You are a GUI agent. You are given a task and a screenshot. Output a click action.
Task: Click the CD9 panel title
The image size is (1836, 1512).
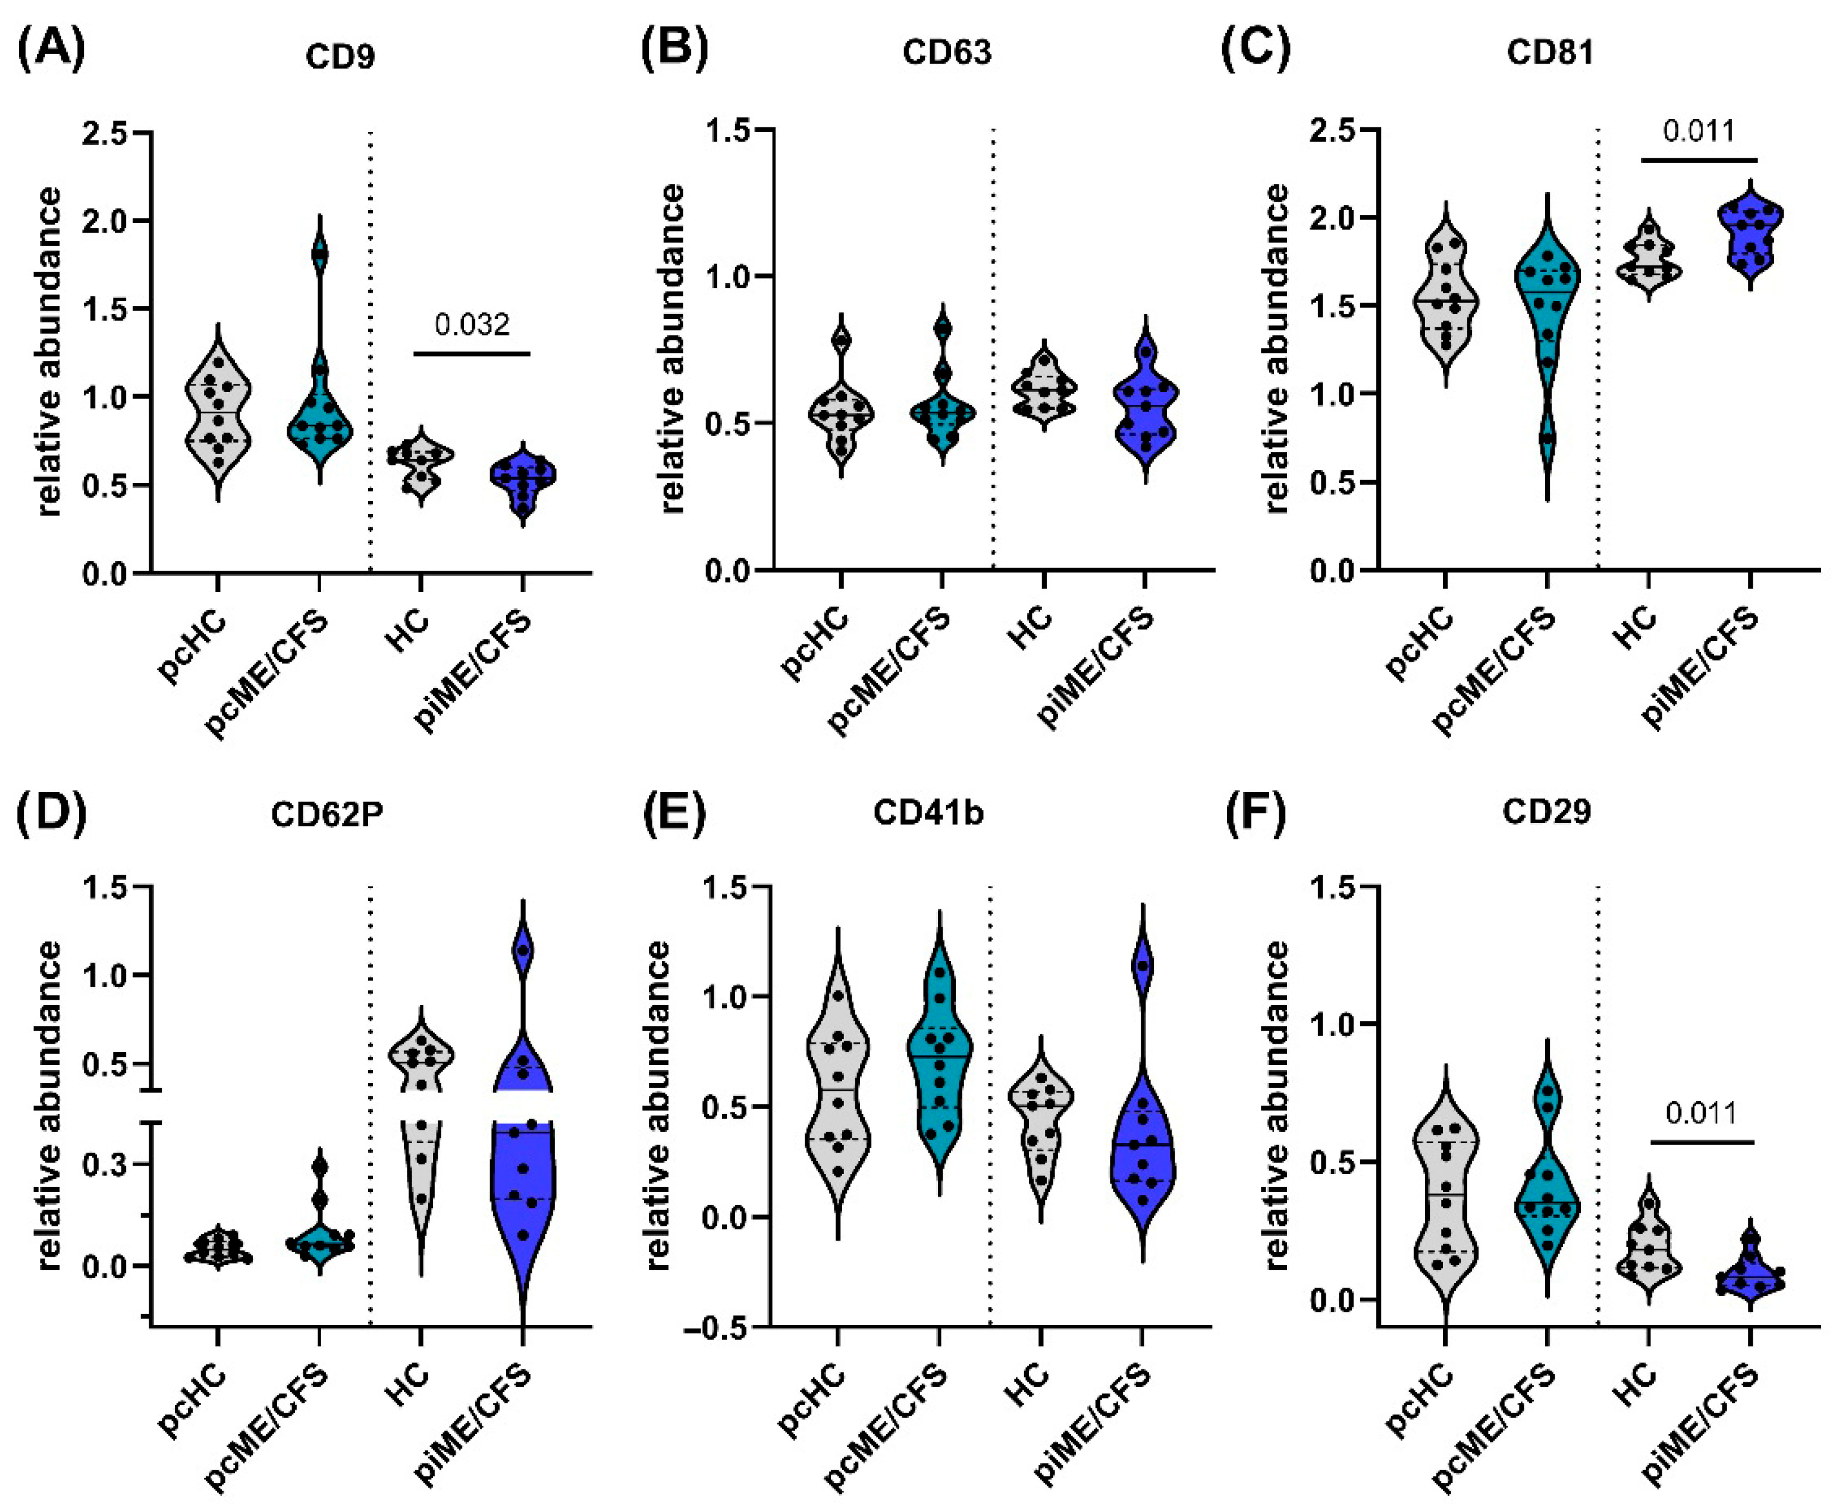coord(340,56)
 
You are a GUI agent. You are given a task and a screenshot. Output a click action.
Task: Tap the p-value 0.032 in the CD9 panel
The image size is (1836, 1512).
coord(472,325)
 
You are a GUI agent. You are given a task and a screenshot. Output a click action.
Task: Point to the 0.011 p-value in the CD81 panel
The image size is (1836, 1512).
coord(1699,132)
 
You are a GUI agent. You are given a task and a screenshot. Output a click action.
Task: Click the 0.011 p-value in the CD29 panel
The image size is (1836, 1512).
coord(1701,1113)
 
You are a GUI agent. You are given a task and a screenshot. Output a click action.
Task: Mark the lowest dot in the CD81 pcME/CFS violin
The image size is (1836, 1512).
coord(1547,438)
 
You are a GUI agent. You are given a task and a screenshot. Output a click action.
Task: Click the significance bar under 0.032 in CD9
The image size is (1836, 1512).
coord(472,353)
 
